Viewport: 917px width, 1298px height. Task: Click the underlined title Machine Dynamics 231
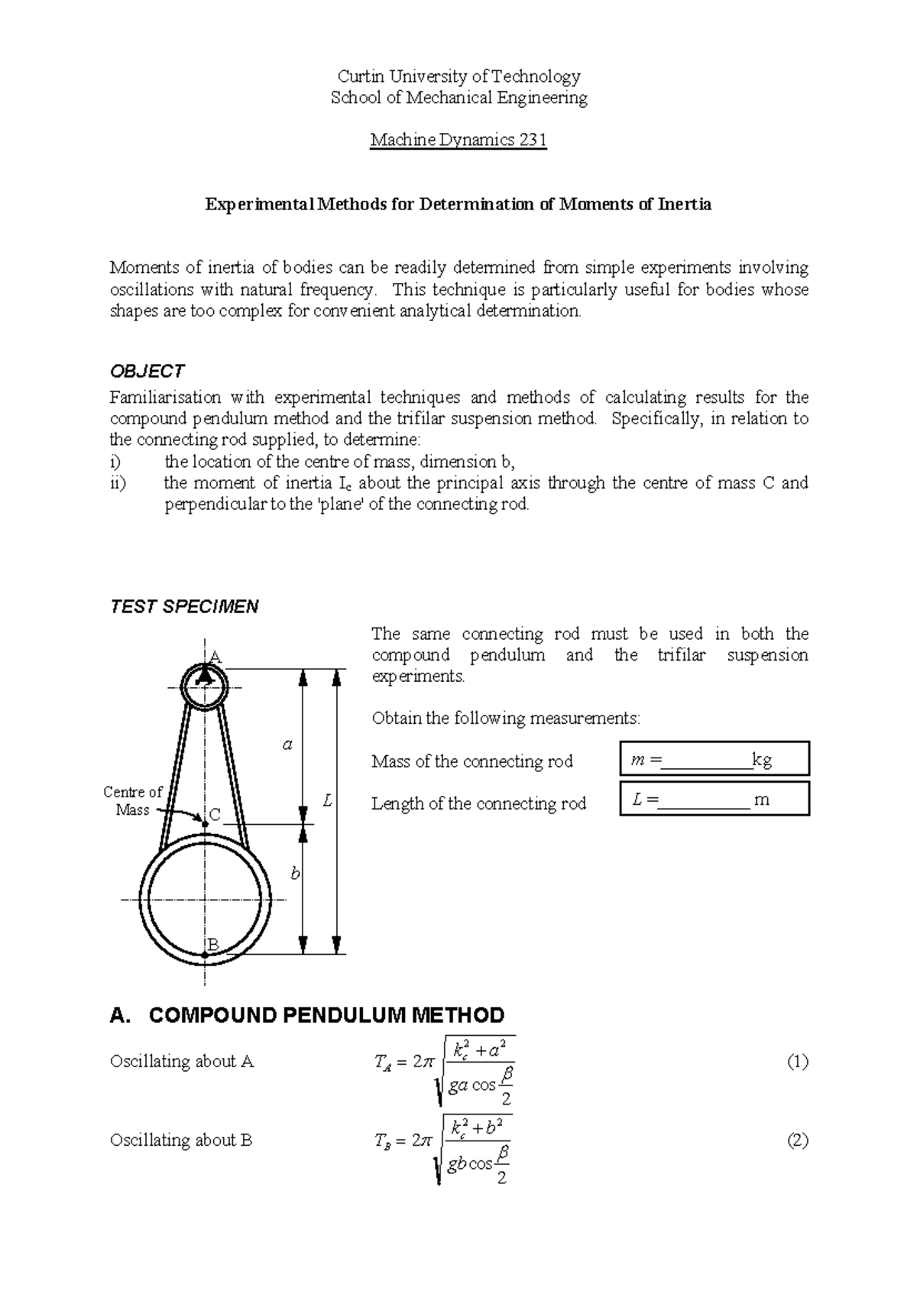coord(458,141)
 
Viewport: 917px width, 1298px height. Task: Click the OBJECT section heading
coord(147,372)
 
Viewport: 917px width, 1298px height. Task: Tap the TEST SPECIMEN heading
coord(184,607)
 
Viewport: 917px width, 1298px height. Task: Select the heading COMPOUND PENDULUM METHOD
coord(307,1015)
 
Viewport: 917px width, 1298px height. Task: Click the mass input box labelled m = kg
coord(714,759)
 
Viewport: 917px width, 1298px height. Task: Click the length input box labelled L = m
coord(714,800)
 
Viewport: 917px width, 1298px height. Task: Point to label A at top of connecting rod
coord(215,657)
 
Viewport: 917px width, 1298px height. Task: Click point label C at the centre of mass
coord(215,816)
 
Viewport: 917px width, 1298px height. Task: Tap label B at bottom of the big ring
coord(214,946)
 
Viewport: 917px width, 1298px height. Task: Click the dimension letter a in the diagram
coord(287,744)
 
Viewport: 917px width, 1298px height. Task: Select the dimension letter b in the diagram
coord(296,873)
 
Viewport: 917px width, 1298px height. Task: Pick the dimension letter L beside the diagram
coord(328,801)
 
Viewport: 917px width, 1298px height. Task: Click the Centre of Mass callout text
coord(133,801)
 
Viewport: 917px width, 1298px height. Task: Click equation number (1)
coord(798,1061)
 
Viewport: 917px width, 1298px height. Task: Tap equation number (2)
coord(798,1141)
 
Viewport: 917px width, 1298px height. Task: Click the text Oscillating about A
coord(182,1061)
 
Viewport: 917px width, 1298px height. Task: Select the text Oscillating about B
coord(181,1141)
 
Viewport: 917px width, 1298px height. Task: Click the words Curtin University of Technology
coord(458,76)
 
